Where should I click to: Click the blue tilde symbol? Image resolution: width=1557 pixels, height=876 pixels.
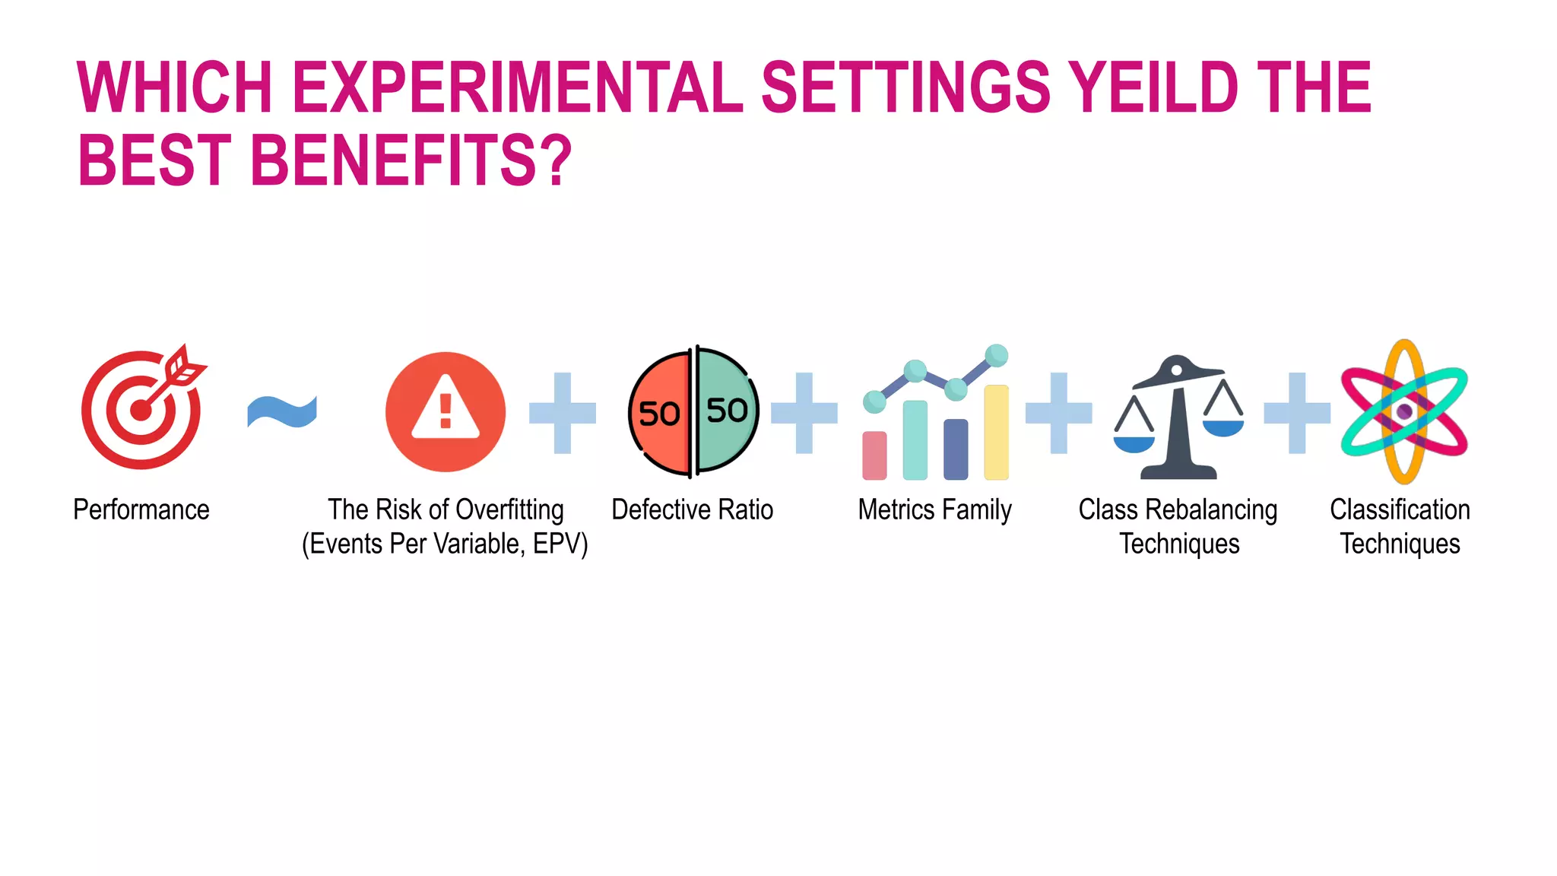pos(282,411)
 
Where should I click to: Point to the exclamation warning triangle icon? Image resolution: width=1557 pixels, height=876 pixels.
pos(446,411)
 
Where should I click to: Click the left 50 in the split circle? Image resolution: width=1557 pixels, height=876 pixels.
pos(658,414)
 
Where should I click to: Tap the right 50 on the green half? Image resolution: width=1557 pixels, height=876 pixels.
pos(727,411)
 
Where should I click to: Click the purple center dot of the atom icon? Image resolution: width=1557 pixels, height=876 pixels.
pos(1404,411)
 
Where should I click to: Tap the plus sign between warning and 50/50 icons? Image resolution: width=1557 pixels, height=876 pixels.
pos(563,413)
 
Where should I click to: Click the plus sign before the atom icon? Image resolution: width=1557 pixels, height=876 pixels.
pos(1297,413)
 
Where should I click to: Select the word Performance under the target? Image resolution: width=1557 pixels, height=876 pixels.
pos(141,509)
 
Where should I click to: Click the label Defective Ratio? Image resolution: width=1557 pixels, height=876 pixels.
pos(692,509)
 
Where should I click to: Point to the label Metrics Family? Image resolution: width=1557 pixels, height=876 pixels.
pos(934,509)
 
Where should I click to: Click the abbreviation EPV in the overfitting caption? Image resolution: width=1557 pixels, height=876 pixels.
pos(557,544)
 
